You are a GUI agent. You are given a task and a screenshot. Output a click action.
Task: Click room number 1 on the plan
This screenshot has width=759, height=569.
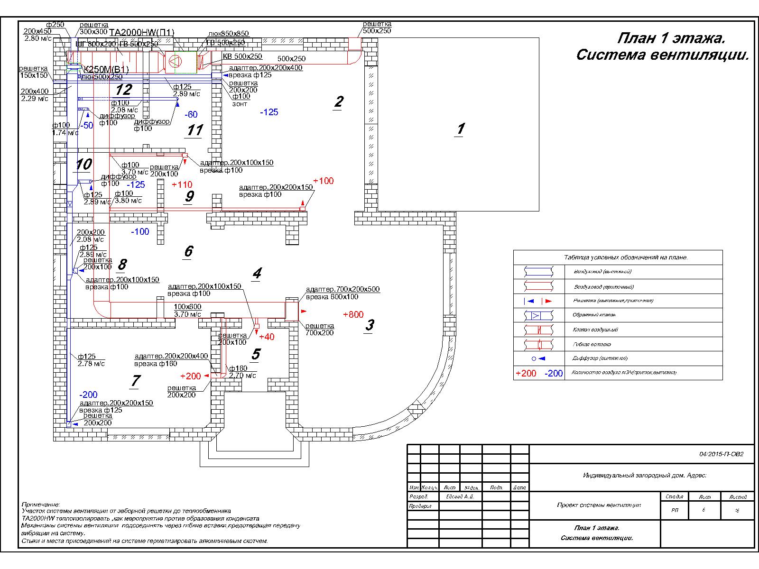click(459, 129)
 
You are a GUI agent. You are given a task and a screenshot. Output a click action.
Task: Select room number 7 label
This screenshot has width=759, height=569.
click(136, 380)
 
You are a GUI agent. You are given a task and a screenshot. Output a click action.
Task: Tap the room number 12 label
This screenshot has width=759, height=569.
click(123, 90)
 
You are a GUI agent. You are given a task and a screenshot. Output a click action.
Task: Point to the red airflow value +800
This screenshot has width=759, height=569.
click(353, 314)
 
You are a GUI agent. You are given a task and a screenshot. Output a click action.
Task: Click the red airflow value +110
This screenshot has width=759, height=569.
click(182, 184)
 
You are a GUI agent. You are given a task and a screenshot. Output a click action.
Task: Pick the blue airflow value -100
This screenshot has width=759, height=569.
click(140, 231)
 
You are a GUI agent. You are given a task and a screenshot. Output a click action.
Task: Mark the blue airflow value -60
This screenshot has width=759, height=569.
click(191, 114)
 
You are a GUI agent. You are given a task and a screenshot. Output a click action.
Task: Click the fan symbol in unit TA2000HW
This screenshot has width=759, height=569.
click(175, 61)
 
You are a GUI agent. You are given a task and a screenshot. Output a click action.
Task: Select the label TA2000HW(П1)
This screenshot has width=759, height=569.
click(142, 32)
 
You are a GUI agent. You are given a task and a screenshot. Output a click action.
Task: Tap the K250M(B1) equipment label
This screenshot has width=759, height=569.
click(106, 69)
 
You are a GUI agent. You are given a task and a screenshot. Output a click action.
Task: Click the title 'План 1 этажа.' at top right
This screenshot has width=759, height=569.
click(671, 38)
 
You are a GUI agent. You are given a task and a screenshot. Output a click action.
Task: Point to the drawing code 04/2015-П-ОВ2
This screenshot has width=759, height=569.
click(721, 454)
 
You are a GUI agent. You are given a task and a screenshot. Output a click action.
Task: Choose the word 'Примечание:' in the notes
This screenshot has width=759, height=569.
click(41, 505)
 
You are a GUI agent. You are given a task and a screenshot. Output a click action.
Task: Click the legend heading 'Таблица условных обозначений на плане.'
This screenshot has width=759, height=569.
click(626, 257)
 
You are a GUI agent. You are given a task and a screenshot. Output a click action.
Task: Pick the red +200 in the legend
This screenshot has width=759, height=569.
click(526, 373)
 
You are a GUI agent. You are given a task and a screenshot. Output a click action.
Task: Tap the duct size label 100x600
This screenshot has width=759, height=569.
click(187, 307)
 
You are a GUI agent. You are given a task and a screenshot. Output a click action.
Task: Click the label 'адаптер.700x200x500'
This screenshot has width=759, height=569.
click(342, 289)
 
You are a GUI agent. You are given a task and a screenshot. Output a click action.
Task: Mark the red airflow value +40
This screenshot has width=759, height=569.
click(267, 337)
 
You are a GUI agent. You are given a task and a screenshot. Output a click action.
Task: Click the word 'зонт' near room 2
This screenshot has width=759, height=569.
click(240, 103)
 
